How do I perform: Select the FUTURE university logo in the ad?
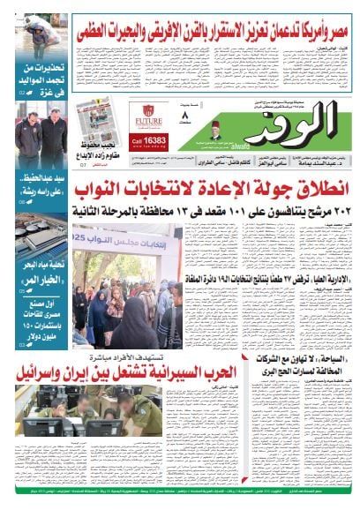pos(147,116)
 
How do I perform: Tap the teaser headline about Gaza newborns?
pos(41,75)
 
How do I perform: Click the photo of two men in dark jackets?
pos(41,137)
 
